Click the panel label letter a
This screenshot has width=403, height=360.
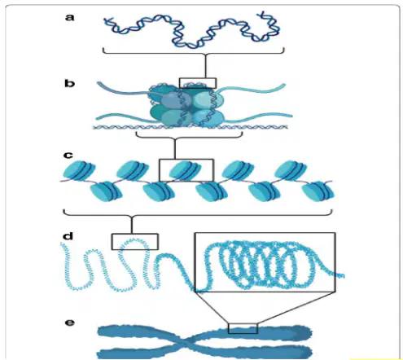point(69,18)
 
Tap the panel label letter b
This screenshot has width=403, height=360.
point(69,83)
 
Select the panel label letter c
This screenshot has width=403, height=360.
point(68,156)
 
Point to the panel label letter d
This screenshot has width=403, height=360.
point(68,235)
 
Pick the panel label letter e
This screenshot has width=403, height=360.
point(70,323)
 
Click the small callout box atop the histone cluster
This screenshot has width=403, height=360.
point(198,83)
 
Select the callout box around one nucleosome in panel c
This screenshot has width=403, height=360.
point(186,170)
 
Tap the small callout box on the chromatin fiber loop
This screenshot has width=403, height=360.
point(135,242)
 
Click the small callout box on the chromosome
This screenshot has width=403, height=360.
point(243,328)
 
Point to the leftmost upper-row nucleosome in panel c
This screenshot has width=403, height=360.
point(79,170)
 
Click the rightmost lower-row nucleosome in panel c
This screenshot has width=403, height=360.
point(318,191)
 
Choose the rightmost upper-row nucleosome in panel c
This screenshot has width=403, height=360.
point(291,170)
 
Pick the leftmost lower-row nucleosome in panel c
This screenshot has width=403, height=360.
point(106,191)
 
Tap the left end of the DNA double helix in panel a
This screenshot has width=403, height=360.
point(105,20)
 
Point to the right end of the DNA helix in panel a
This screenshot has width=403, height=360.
point(261,13)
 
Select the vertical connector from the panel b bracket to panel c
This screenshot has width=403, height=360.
point(175,148)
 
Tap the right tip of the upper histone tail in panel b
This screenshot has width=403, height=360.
point(284,86)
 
